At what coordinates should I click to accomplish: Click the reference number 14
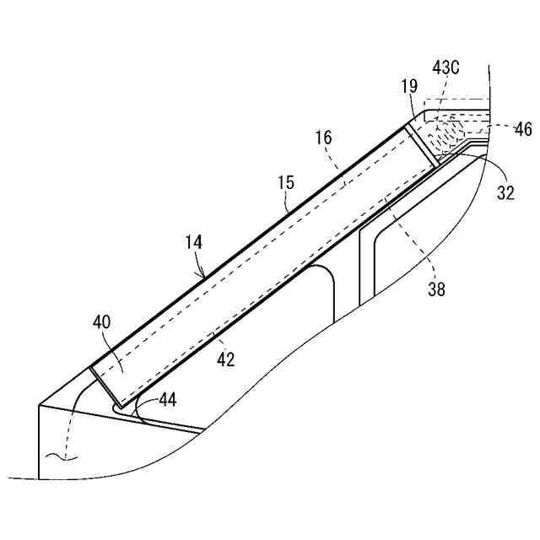193,242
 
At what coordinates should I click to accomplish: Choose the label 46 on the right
523,130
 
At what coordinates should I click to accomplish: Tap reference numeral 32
505,192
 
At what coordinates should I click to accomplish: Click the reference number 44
167,400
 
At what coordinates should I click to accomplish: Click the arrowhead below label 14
202,274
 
